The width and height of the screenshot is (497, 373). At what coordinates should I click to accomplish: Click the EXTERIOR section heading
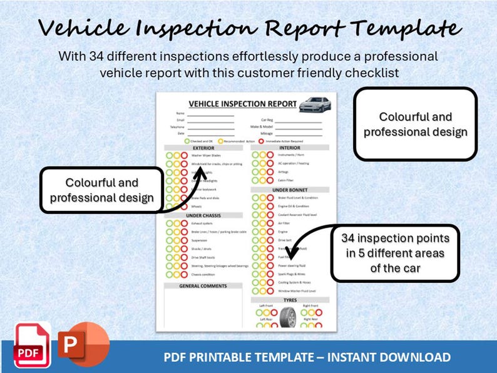tap(203, 148)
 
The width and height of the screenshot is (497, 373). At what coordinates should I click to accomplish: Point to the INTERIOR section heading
tap(290, 148)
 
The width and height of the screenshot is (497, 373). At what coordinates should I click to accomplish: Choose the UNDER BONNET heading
tap(290, 190)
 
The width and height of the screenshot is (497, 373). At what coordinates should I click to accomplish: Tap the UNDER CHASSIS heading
tap(203, 215)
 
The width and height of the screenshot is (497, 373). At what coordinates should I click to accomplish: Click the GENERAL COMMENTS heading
tap(203, 285)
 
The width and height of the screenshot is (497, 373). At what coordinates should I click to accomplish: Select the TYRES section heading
tap(290, 300)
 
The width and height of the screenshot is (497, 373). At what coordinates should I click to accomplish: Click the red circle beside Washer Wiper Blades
tap(184, 155)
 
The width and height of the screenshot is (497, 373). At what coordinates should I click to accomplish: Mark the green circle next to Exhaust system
tap(168, 223)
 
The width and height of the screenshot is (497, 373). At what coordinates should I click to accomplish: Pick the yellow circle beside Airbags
tap(263, 171)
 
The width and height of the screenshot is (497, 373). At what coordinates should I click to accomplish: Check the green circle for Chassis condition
tap(168, 274)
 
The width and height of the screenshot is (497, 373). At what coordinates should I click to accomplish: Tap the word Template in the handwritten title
tap(407, 28)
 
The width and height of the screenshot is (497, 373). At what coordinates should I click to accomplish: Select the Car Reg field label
tap(267, 120)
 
